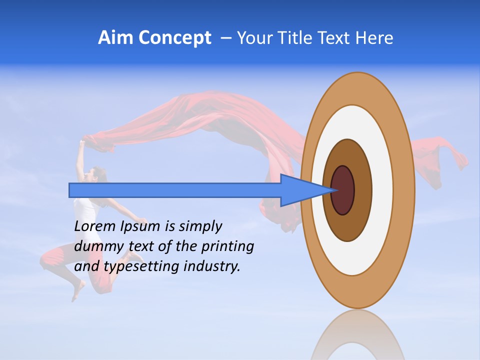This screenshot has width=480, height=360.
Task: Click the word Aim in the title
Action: (116, 38)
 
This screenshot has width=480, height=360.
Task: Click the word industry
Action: (212, 266)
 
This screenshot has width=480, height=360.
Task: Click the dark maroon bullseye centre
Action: (343, 190)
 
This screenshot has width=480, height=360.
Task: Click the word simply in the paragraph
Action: (200, 227)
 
